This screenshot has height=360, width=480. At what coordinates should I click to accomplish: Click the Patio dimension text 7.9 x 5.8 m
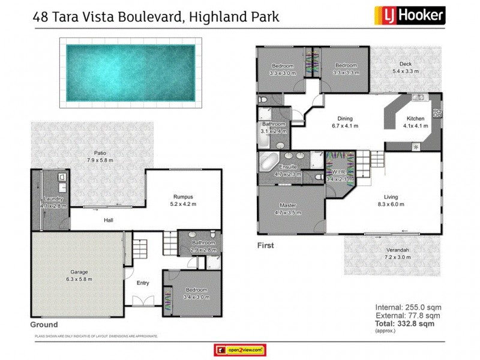pyautogui.click(x=100, y=160)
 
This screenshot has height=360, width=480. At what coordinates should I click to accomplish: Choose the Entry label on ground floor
pyautogui.click(x=143, y=283)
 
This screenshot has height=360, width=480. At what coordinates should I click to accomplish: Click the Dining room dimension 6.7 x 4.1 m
pyautogui.click(x=344, y=126)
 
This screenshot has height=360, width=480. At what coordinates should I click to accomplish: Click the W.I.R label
pyautogui.click(x=336, y=171)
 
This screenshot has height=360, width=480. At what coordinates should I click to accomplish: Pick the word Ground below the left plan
pyautogui.click(x=44, y=325)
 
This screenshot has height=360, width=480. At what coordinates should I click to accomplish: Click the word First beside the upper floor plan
pyautogui.click(x=265, y=245)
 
